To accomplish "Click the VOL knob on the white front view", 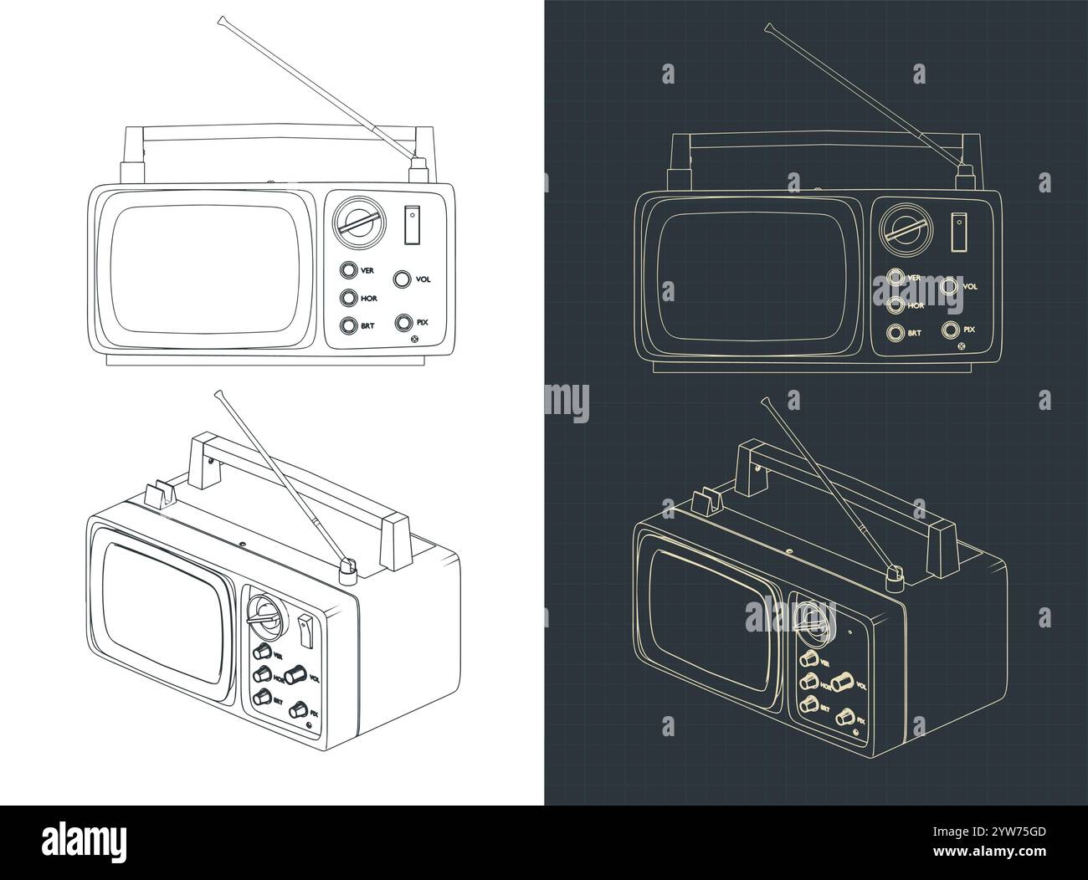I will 403,279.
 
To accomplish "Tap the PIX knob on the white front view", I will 403,322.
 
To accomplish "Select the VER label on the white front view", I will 367,270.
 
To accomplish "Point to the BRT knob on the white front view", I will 347,325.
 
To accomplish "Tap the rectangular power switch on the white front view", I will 411,225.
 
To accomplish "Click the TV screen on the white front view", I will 203,270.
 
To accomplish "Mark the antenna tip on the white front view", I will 222,18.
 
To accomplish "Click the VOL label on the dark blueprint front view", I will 970,286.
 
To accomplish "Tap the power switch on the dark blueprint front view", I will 958,231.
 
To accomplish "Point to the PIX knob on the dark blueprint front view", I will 951,329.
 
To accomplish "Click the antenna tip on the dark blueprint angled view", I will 764,401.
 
